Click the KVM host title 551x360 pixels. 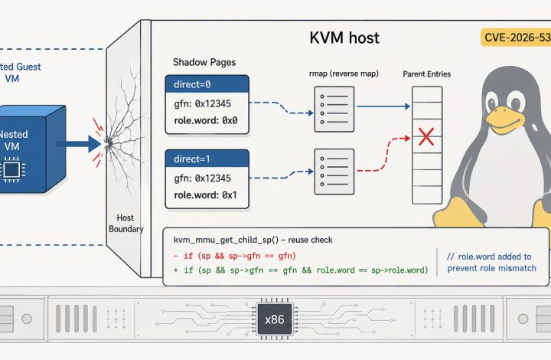point(344,38)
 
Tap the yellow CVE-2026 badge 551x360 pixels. point(516,38)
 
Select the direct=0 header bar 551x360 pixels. point(207,84)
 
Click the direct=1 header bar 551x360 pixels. point(207,159)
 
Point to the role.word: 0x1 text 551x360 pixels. point(206,195)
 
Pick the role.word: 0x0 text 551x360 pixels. point(206,120)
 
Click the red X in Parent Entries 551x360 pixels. point(426,137)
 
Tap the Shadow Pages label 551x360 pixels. point(204,62)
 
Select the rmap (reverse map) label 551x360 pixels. point(344,74)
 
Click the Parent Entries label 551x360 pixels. point(426,74)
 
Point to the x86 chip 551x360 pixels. point(275,319)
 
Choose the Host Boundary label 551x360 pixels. point(126,223)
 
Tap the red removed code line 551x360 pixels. point(235,256)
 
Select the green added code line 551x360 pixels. point(301,270)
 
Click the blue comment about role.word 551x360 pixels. point(491,262)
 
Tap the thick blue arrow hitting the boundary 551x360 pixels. point(79,144)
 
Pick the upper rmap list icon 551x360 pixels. point(334,110)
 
